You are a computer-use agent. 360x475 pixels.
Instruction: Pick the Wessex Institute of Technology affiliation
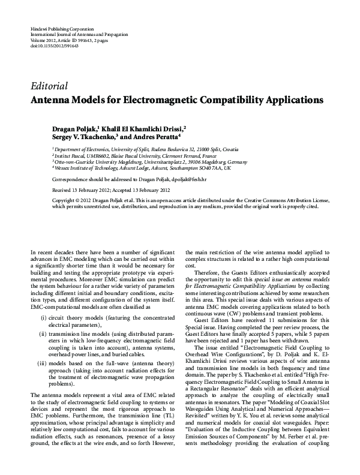pyautogui.click(x=142, y=169)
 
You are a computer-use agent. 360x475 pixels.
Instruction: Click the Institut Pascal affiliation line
pyautogui.click(x=132, y=155)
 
